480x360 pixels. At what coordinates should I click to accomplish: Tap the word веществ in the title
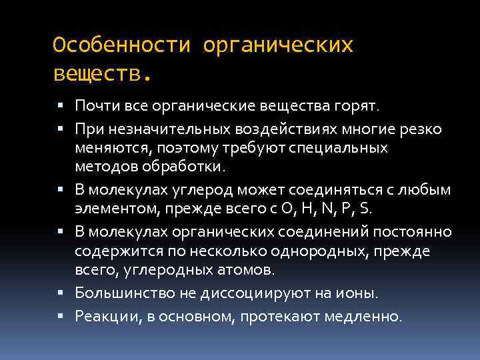(96, 73)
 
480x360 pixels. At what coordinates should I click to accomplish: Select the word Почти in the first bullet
(93, 106)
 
